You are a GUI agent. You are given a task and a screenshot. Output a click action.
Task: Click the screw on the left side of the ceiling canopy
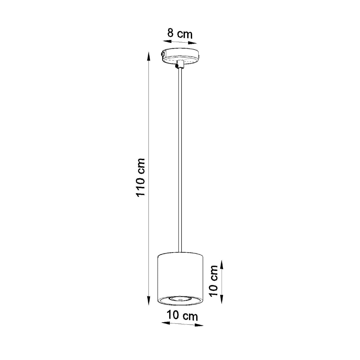[162, 54]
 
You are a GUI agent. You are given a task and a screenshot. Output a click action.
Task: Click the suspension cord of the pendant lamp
[180, 159]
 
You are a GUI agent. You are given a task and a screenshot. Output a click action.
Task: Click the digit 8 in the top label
[170, 33]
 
